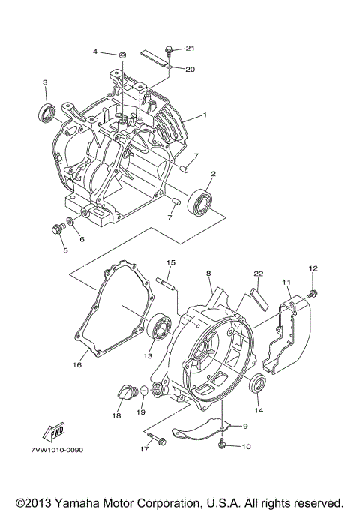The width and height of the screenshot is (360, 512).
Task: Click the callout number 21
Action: [189, 49]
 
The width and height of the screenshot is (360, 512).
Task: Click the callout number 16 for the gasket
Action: [76, 365]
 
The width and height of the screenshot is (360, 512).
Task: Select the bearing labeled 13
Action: [160, 325]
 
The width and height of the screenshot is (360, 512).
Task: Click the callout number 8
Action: [208, 274]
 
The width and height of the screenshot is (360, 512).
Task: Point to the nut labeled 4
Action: [121, 55]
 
